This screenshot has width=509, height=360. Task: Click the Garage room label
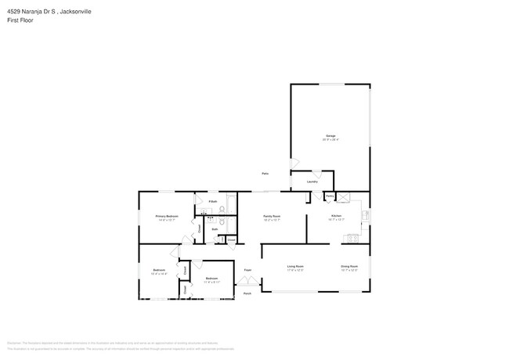[330, 138]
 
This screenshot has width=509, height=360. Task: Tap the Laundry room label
[312, 181]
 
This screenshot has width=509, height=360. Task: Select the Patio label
[265, 173]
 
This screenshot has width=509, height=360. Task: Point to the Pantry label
[330, 195]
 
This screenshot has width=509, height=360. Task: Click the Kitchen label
[336, 215]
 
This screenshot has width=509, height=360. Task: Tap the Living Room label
[295, 267]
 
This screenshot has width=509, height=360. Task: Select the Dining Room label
[349, 267]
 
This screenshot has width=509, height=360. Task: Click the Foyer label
[247, 270]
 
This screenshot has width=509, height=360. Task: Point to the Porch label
[247, 293]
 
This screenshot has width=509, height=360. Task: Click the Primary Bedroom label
[167, 216]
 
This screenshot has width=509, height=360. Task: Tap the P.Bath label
[212, 201]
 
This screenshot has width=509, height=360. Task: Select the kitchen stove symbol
[352, 238]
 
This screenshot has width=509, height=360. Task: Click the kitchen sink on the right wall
[365, 214]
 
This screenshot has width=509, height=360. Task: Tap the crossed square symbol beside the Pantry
[342, 196]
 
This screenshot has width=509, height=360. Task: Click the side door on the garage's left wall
[293, 164]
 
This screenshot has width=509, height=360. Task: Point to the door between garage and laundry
[316, 172]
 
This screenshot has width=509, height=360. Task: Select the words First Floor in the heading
[20, 21]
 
